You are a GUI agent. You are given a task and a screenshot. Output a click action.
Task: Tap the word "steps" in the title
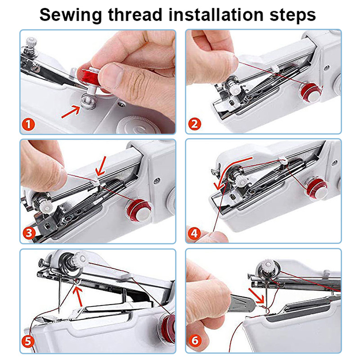pos(292,14)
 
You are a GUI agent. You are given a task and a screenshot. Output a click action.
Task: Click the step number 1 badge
pos(30,124)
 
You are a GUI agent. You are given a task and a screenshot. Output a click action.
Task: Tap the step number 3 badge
pos(30,233)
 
